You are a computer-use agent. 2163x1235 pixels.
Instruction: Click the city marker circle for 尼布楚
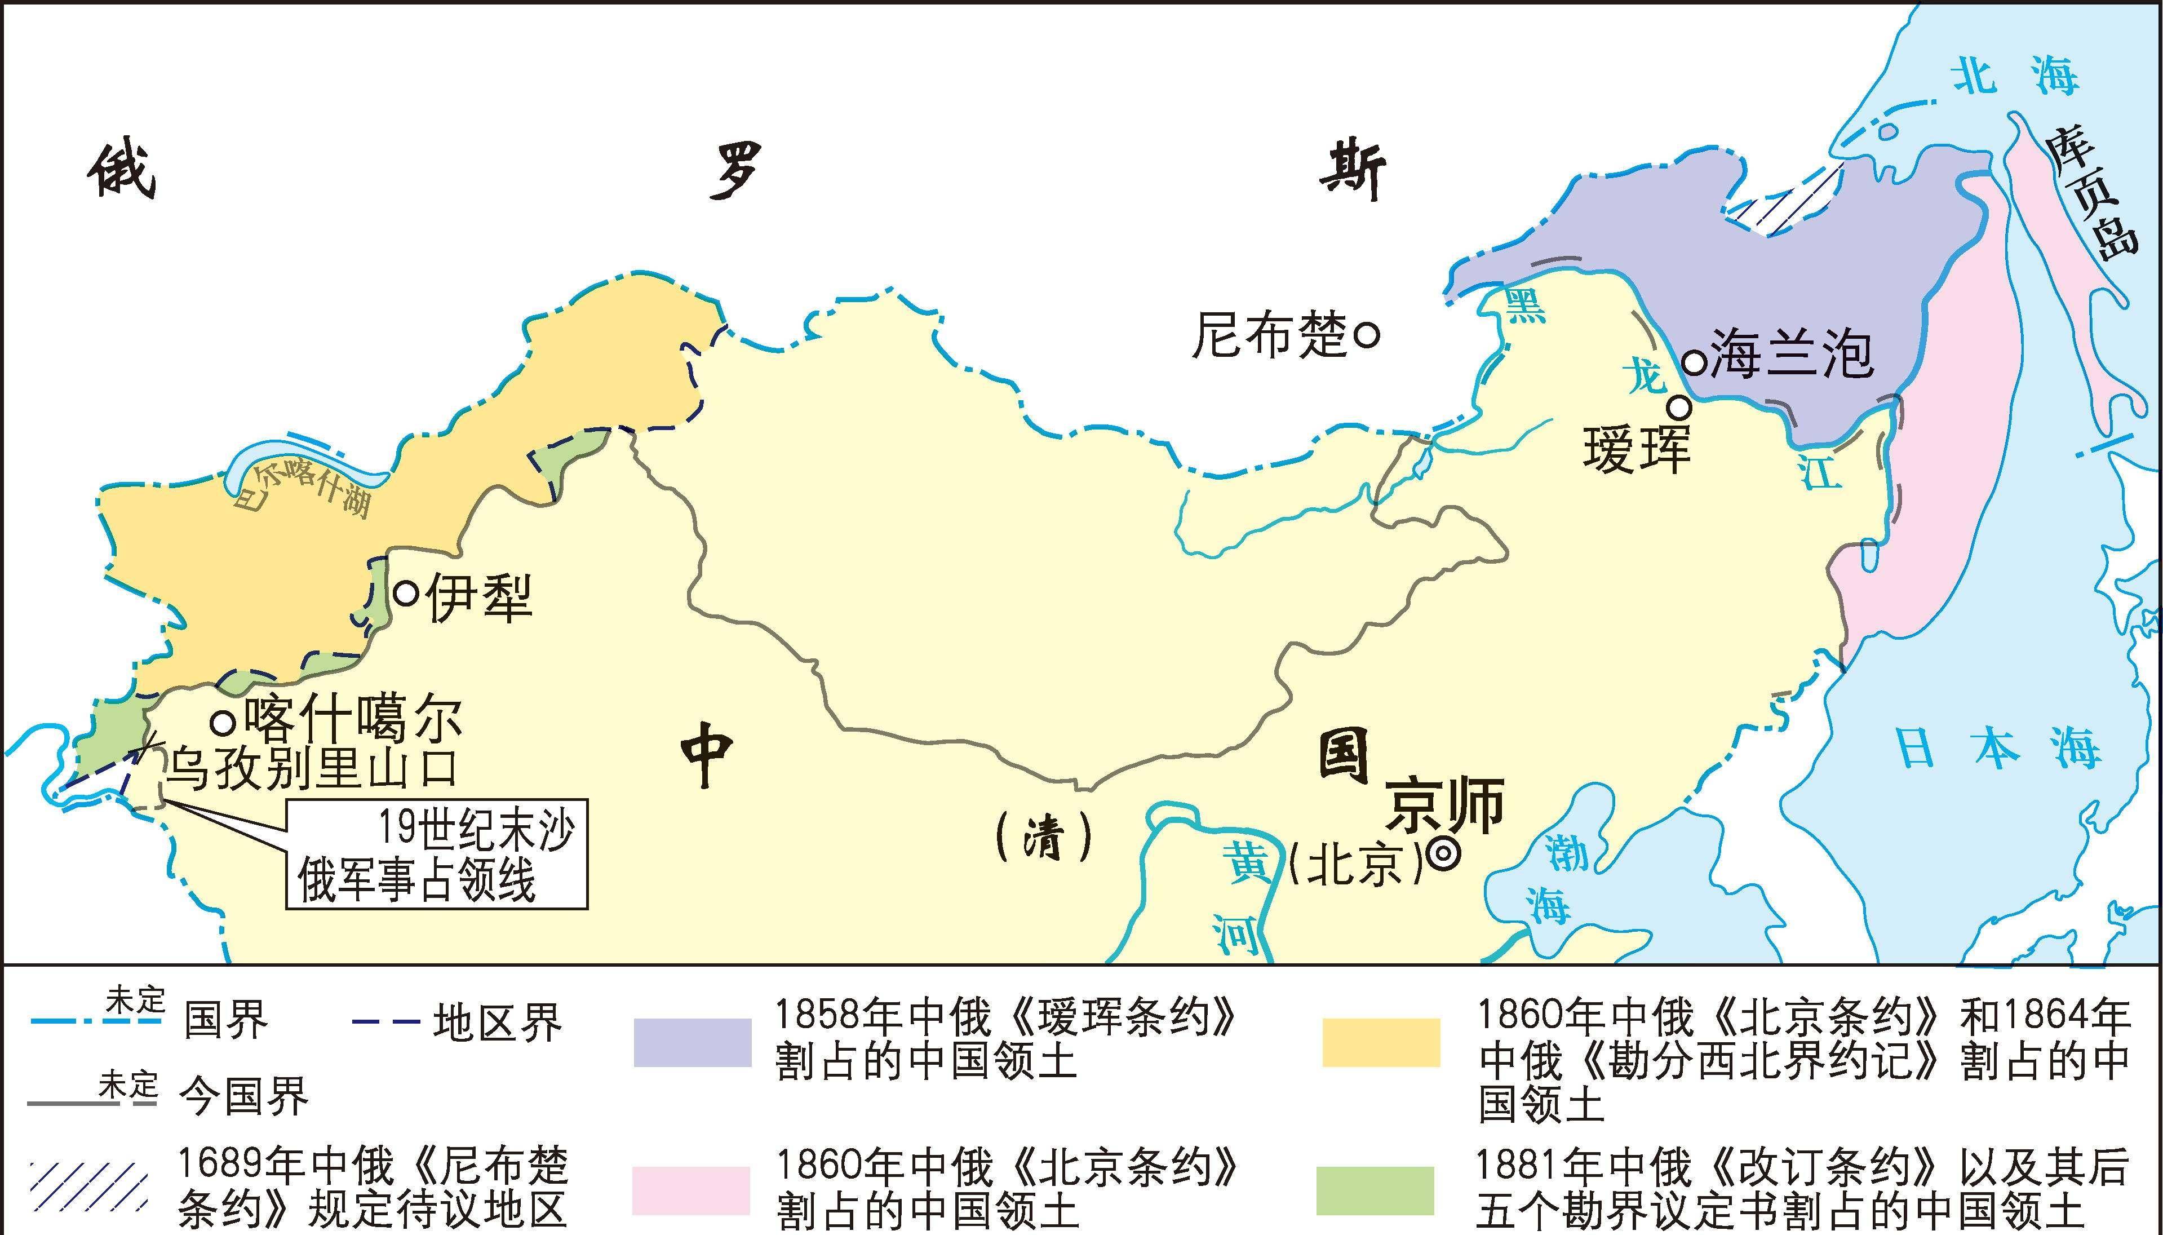coord(1367,334)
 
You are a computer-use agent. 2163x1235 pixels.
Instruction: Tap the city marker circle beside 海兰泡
coord(1694,363)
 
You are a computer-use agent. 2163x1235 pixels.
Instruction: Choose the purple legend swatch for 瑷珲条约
coord(692,1042)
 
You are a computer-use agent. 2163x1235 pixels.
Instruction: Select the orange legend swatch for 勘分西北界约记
coord(1381,1042)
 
